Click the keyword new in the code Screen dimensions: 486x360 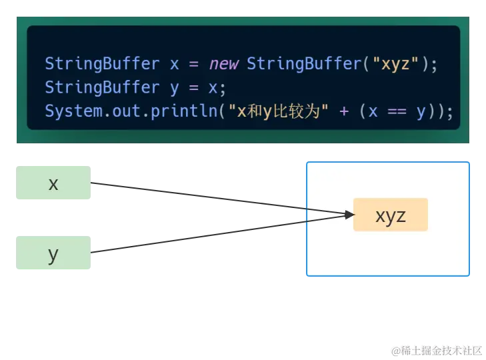(225, 64)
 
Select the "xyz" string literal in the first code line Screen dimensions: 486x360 (395, 64)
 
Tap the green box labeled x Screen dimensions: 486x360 (53, 183)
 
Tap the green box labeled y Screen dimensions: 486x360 (53, 253)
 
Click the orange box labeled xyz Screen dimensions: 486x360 (390, 215)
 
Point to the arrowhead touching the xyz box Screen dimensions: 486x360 (348, 215)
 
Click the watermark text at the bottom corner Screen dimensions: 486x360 (436, 349)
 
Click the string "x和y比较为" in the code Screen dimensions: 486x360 (280, 111)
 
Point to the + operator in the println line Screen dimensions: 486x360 (344, 111)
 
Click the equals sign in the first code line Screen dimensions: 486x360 (194, 64)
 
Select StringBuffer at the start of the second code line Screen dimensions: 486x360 (101, 87)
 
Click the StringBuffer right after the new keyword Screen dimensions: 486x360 (303, 64)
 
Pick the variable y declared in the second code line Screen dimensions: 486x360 (175, 87)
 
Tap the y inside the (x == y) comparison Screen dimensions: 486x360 (421, 111)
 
